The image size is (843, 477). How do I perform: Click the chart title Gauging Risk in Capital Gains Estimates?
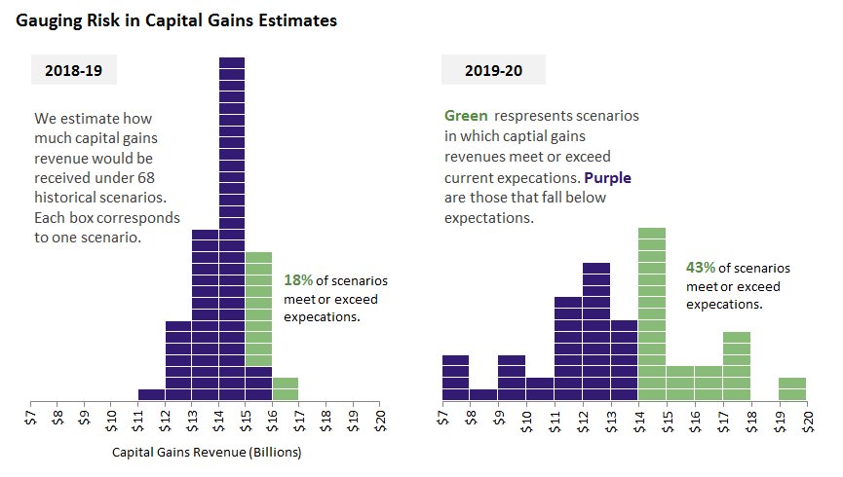[x=176, y=20]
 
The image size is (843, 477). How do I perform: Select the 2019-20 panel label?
[x=492, y=70]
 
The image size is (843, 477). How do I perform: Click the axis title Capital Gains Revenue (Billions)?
[x=207, y=453]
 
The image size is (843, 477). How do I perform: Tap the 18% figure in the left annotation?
[x=297, y=279]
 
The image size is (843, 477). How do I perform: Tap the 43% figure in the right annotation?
[x=701, y=267]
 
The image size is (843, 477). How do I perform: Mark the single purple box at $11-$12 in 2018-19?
[x=151, y=394]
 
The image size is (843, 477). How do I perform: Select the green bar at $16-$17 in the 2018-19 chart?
[x=286, y=388]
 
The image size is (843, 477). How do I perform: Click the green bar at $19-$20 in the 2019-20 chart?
[x=792, y=388]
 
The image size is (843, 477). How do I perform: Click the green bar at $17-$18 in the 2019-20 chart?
[x=737, y=366]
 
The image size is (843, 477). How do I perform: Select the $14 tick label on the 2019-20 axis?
[x=639, y=419]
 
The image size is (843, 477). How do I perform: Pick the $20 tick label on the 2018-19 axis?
[x=380, y=419]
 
